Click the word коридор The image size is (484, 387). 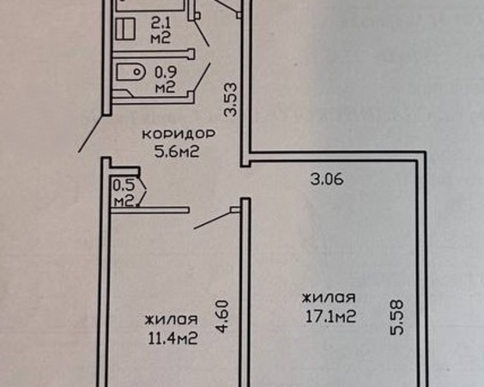178,134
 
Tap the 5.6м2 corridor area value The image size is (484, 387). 177,152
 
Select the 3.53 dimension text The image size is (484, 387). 231,100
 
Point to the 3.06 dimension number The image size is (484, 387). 327,179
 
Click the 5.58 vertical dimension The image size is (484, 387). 396,317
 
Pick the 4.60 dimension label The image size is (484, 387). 222,317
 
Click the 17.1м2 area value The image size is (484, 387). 330,317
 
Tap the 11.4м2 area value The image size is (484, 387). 172,338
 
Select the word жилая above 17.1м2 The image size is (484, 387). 329,298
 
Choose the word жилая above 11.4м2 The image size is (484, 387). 172,319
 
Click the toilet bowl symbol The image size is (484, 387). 131,72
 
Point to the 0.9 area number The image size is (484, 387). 166,72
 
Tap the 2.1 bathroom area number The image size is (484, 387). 160,23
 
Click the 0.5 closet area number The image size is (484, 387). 124,185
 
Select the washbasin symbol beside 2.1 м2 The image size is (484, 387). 125,28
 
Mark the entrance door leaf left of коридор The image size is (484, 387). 90,134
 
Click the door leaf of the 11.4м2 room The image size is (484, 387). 212,221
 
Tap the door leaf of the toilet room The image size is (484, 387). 202,77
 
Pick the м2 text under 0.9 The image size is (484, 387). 165,88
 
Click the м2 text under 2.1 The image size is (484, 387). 160,39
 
